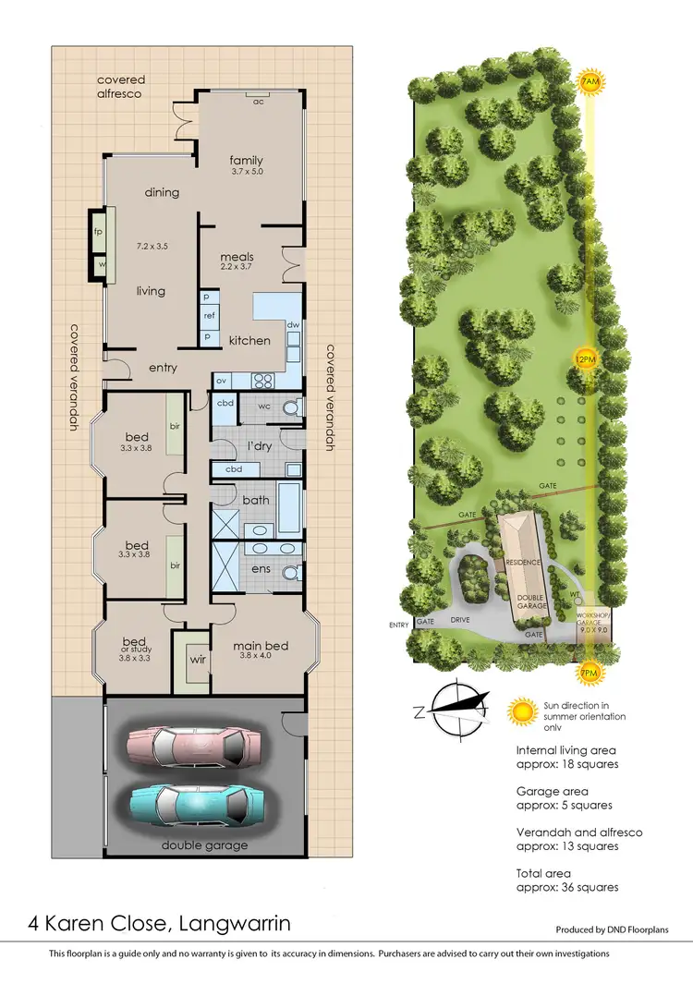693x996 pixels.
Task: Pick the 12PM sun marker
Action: point(584,358)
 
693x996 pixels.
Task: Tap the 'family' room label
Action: point(247,160)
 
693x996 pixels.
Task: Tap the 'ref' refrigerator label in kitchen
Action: point(209,316)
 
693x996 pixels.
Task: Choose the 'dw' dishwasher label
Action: point(293,324)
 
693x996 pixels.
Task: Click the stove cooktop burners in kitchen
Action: point(260,379)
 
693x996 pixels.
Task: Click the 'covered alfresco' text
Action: point(121,87)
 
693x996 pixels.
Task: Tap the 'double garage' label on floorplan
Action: point(205,845)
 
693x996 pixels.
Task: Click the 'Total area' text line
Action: point(543,873)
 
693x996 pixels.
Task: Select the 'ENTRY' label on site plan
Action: point(399,626)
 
